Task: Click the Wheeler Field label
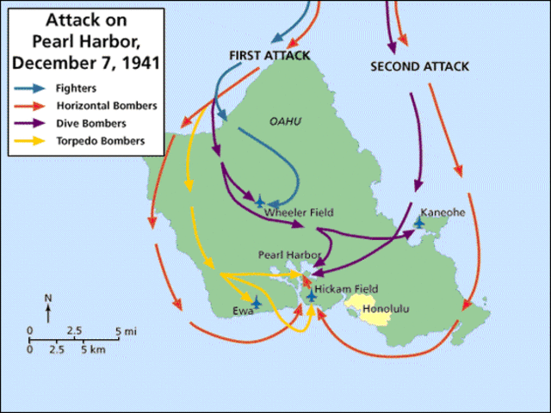[x=298, y=212]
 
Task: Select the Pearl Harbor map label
[x=289, y=256]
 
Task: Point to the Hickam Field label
[x=346, y=289]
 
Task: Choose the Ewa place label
[x=243, y=311]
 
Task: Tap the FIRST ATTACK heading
[x=269, y=55]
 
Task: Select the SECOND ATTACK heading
[x=419, y=66]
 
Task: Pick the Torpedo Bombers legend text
[x=102, y=139]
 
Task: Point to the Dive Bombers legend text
[x=96, y=122]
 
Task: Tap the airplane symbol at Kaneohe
[x=419, y=222]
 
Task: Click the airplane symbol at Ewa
[x=256, y=302]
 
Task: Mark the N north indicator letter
[x=48, y=298]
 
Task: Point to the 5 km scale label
[x=93, y=350]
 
